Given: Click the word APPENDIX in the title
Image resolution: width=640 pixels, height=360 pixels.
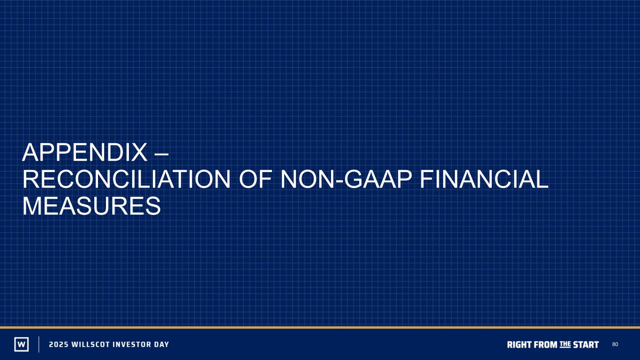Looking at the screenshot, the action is (84, 152).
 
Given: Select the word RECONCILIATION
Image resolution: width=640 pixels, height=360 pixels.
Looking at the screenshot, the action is (126, 179).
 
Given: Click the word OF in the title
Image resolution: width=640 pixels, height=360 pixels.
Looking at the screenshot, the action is (255, 179).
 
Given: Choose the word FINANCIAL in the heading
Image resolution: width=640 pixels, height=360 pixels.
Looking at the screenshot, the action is (484, 179).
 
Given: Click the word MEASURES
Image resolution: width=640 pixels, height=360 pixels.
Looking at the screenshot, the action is (92, 206).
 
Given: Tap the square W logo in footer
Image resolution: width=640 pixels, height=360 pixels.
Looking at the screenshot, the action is (22, 344).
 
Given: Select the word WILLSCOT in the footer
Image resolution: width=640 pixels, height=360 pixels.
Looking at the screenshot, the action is (90, 345).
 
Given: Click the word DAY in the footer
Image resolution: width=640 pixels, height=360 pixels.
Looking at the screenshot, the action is (161, 345).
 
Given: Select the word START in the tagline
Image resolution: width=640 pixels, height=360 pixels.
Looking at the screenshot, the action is (586, 345).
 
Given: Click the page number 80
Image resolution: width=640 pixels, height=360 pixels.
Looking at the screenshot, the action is (615, 345).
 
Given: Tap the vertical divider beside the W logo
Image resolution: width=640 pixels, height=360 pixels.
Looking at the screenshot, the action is (39, 344).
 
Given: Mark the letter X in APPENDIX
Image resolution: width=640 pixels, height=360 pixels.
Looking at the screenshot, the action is (139, 152).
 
